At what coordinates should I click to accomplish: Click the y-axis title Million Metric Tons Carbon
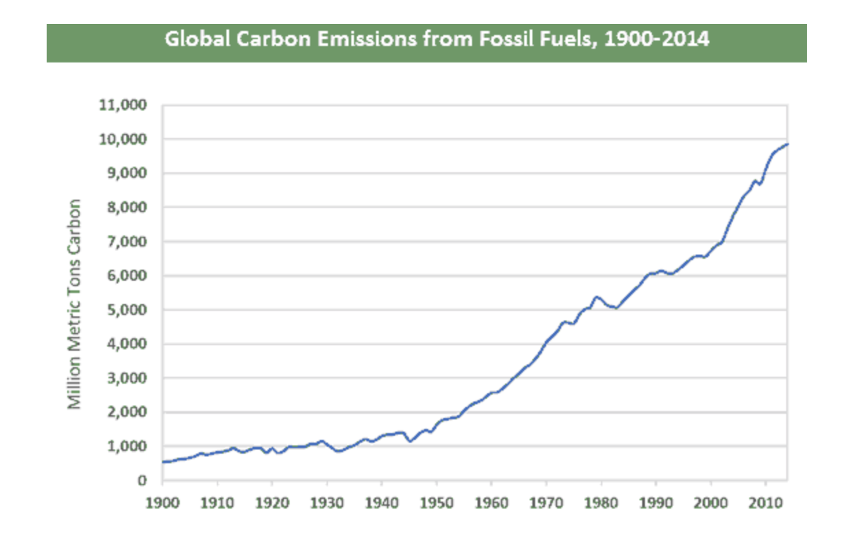pos(75,304)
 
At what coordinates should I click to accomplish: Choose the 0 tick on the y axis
pos(143,481)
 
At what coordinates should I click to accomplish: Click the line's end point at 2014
pos(788,144)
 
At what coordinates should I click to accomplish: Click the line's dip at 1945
pos(410,441)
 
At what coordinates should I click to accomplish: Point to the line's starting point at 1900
pos(163,462)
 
